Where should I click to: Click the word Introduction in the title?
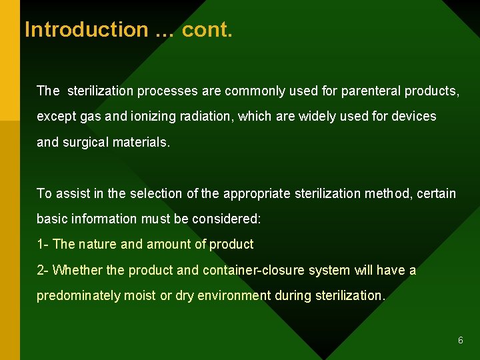click(x=86, y=29)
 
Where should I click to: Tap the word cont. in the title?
click(x=207, y=29)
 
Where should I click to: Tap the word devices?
click(x=415, y=116)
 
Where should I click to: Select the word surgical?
click(x=86, y=142)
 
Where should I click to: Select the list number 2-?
click(x=43, y=270)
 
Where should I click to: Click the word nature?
click(x=97, y=245)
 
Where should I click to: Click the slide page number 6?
click(x=460, y=341)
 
